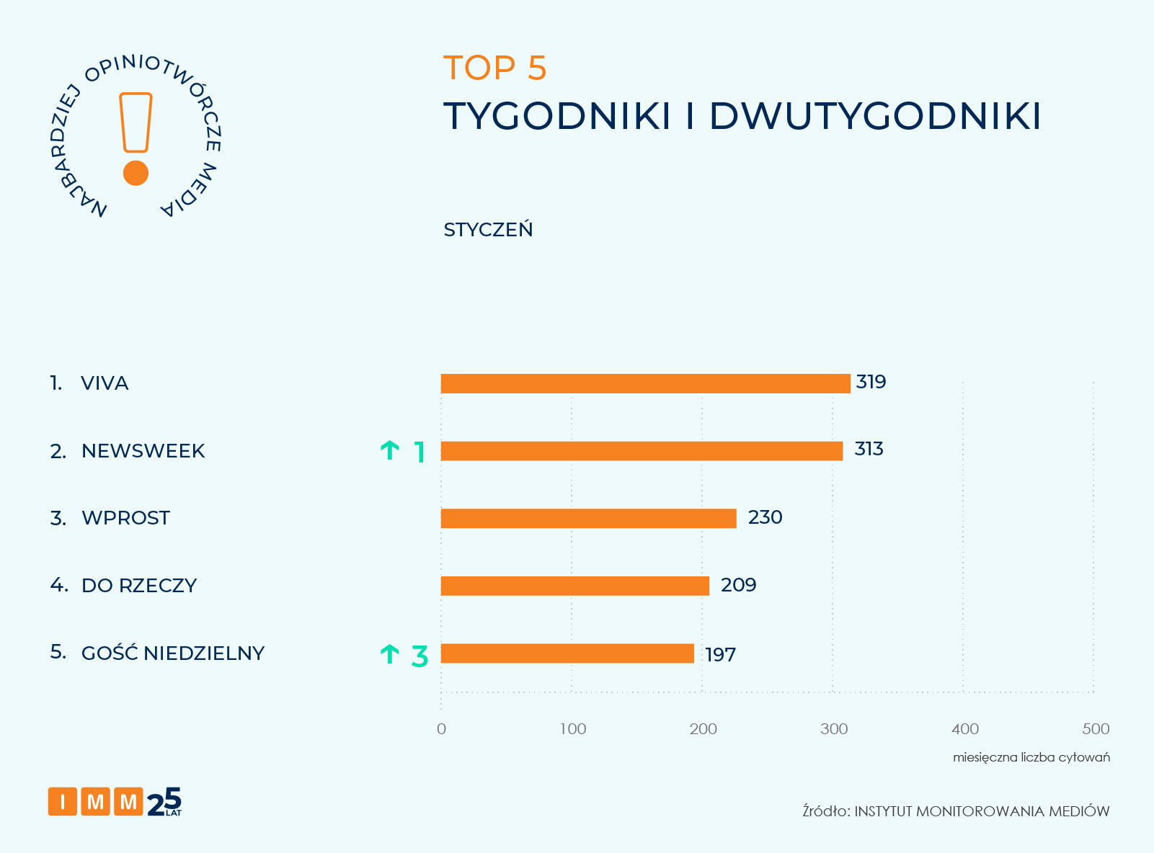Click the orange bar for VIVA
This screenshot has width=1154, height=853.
(x=645, y=383)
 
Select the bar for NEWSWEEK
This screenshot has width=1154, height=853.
(x=642, y=451)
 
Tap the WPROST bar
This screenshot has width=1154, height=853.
(x=588, y=518)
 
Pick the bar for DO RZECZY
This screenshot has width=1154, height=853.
(x=574, y=586)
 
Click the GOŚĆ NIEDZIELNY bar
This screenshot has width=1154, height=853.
(x=567, y=653)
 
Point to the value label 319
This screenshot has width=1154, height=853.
(x=871, y=382)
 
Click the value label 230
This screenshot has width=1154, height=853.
(x=765, y=517)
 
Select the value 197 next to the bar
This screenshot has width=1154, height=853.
(x=720, y=655)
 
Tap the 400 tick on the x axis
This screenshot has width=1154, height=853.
(x=964, y=728)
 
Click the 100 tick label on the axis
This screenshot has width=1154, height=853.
(x=573, y=728)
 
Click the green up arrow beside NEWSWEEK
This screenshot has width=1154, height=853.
(x=389, y=451)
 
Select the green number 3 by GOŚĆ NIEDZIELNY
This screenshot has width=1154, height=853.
(x=420, y=656)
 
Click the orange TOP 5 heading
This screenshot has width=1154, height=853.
(x=495, y=68)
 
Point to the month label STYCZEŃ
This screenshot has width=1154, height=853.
(x=488, y=229)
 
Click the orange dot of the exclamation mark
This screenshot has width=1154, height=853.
(x=136, y=173)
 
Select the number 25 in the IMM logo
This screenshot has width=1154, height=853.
(x=165, y=802)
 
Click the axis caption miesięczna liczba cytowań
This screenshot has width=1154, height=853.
(x=1031, y=757)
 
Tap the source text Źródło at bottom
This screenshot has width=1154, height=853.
(x=826, y=811)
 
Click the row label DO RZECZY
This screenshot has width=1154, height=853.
(x=138, y=585)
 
